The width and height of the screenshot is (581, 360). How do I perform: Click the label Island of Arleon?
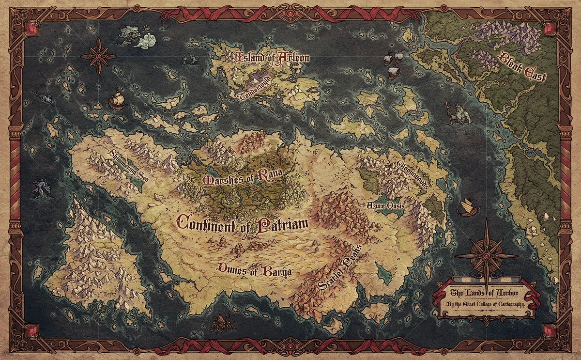coord(273,58)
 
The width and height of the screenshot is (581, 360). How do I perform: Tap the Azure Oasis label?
coord(385,206)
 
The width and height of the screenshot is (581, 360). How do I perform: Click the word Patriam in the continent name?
coord(281,225)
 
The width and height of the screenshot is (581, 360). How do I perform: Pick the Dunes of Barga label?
coord(255,270)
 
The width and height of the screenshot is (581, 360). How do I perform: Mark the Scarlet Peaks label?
coord(340,268)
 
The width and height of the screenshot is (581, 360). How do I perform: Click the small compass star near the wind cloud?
coord(98,56)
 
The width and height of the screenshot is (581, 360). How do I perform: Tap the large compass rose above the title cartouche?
coord(486,255)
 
